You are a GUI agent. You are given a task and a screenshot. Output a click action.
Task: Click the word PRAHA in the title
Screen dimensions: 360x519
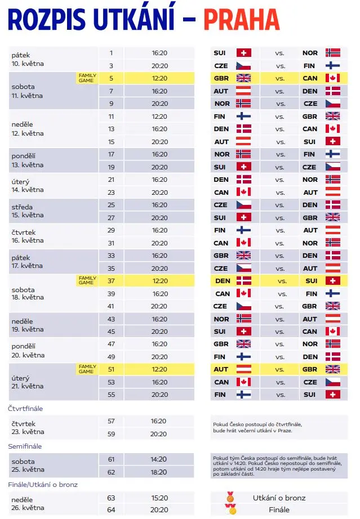click(242, 20)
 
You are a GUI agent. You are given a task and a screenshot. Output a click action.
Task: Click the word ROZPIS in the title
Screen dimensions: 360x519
click(47, 20)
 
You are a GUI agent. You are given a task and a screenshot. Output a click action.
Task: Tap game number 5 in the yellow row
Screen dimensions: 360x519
click(112, 78)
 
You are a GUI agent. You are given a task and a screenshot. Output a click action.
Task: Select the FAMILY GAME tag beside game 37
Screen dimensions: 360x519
click(87, 280)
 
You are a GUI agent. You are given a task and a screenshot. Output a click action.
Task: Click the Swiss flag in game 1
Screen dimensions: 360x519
click(244, 53)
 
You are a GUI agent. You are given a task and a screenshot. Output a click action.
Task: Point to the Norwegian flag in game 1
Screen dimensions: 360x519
click(333, 53)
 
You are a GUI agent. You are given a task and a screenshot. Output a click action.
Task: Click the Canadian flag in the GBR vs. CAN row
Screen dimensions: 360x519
click(333, 78)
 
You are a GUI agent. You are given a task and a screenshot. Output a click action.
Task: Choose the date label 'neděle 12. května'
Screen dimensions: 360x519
click(28, 129)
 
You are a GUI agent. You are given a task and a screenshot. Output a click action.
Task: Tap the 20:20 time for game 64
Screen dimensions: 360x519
click(159, 510)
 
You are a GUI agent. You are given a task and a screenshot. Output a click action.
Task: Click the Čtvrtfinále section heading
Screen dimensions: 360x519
click(25, 409)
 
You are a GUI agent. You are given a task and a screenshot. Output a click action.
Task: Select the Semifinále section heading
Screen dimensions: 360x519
click(25, 446)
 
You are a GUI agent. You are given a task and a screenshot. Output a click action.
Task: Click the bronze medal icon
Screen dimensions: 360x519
click(230, 497)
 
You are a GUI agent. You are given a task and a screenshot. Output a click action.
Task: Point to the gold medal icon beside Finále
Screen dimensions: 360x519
click(231, 509)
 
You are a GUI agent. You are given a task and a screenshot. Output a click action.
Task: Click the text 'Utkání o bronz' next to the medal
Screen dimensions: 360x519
click(279, 498)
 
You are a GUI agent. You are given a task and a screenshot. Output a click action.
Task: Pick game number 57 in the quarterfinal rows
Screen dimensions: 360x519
click(112, 421)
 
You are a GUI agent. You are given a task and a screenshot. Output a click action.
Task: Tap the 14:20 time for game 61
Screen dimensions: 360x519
click(159, 459)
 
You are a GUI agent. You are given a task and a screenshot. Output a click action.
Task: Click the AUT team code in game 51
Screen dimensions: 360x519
click(221, 369)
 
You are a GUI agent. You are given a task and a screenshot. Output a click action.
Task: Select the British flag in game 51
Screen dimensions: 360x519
click(333, 369)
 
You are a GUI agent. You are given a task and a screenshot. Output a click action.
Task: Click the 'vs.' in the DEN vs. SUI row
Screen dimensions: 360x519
click(282, 281)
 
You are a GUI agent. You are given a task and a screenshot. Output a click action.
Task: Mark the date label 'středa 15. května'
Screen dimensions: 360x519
click(28, 211)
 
